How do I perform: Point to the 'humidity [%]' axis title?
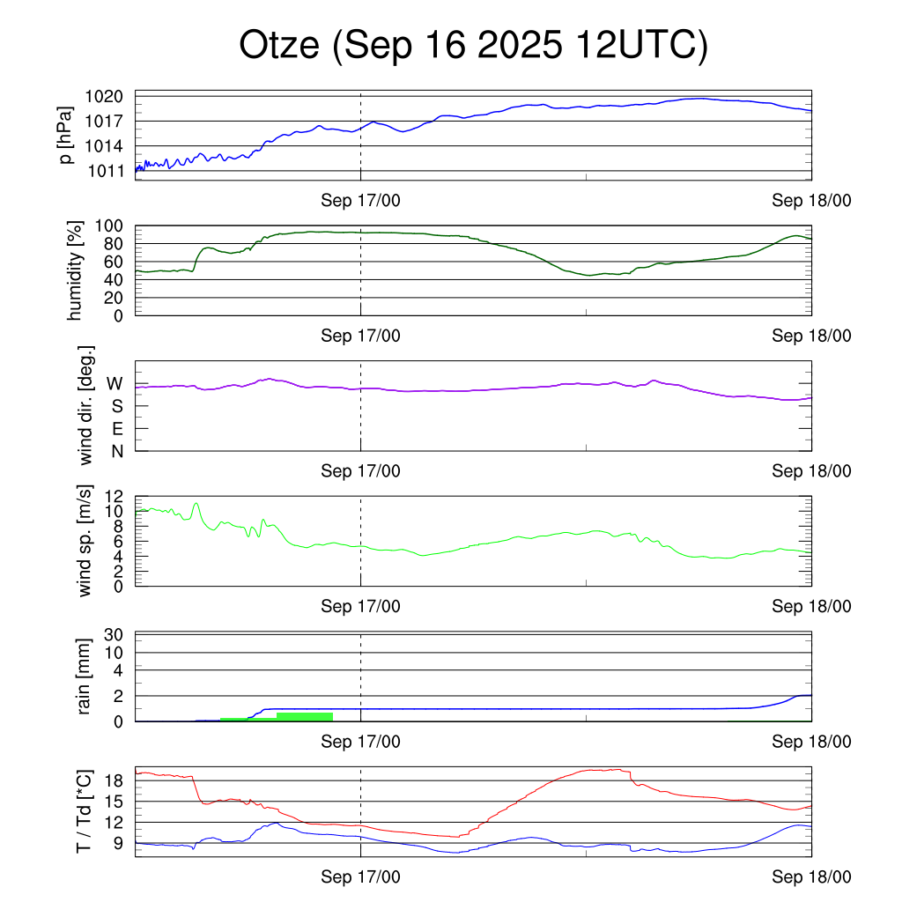[75, 270]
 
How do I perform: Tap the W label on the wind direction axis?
[115, 383]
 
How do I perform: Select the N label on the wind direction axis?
[115, 451]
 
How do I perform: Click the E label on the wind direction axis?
[115, 429]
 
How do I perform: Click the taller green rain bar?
[304, 716]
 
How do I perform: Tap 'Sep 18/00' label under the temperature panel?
[811, 876]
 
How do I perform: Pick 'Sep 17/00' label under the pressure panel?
[360, 201]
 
